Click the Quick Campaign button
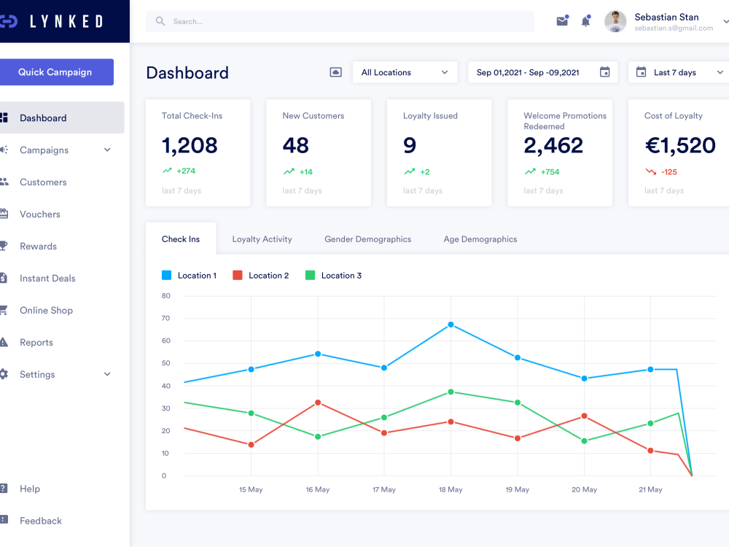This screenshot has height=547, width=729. (55, 72)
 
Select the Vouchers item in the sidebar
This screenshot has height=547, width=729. (40, 214)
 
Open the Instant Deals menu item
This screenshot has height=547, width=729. (47, 279)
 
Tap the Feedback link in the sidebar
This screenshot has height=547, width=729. (40, 521)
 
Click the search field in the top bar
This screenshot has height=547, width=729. (340, 22)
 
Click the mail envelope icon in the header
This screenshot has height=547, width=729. (562, 21)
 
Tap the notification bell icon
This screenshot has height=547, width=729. (585, 21)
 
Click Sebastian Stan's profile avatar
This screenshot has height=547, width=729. (615, 21)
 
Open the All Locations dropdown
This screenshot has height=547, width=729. (405, 72)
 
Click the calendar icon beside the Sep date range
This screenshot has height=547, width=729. (604, 72)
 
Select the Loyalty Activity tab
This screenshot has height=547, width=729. (262, 239)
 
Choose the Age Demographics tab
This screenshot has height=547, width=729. (480, 239)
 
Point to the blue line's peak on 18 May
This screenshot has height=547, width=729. (451, 325)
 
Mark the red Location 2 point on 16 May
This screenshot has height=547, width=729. (318, 403)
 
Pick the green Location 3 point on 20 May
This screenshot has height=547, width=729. (584, 441)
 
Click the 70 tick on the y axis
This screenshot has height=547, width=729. (165, 318)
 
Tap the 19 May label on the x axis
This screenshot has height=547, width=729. (517, 489)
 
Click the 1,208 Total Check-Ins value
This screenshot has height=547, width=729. (190, 145)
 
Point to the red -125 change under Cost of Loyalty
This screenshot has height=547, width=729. (668, 172)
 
